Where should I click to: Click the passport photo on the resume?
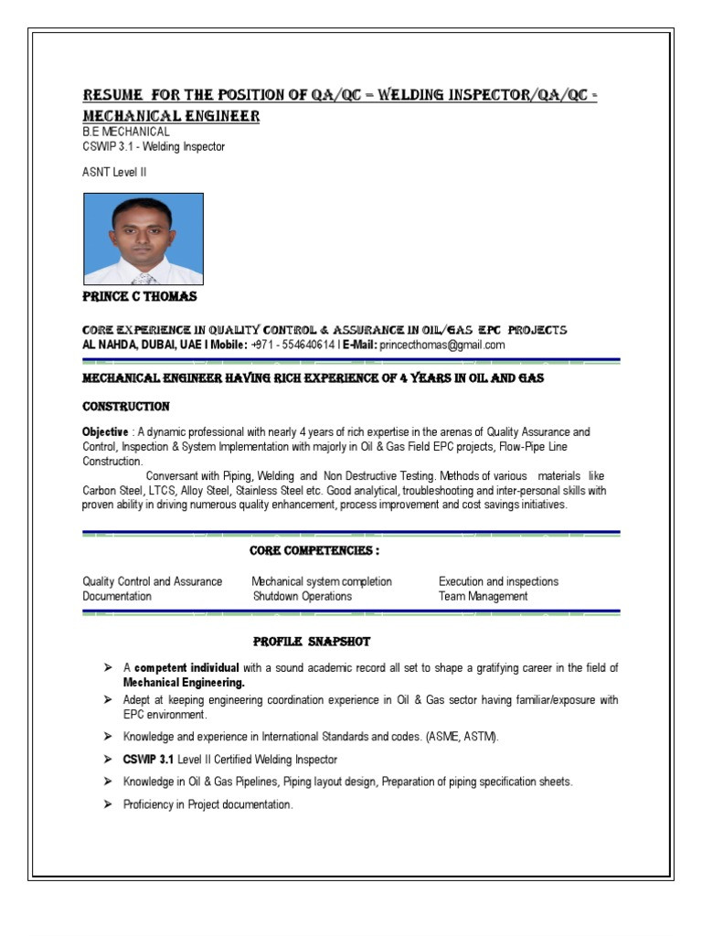coord(144,239)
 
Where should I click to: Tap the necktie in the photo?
coord(143,278)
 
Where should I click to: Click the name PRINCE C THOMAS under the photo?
coord(139,297)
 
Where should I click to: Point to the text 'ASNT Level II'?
coord(114,172)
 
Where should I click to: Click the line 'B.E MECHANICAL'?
coord(125,132)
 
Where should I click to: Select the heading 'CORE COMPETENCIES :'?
coord(314,551)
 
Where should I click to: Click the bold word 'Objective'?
coord(105,432)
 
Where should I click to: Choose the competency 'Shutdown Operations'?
coord(303,596)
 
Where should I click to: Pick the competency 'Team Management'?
coord(483,596)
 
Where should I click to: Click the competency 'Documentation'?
coord(117,596)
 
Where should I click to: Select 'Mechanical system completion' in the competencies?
coord(322,581)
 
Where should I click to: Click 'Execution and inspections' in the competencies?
coord(498,581)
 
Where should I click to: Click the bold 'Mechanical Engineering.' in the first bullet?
coord(184,682)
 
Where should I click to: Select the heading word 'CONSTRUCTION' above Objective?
coord(125,406)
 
